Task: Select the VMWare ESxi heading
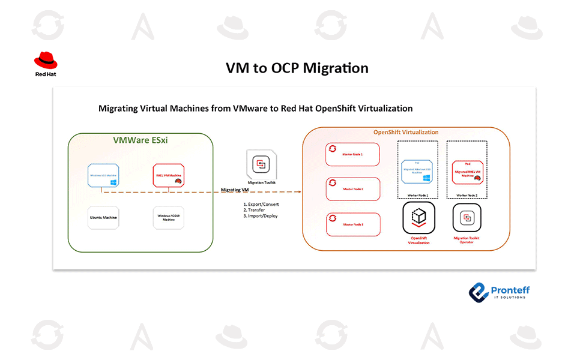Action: pyautogui.click(x=140, y=140)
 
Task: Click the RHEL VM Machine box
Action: pyautogui.click(x=169, y=176)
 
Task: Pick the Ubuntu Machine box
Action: pyautogui.click(x=104, y=217)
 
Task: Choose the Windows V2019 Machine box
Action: pyautogui.click(x=169, y=217)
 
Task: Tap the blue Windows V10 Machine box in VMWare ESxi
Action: pyautogui.click(x=104, y=176)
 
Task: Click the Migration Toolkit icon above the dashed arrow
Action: pyautogui.click(x=261, y=164)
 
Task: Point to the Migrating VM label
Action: pyautogui.click(x=235, y=190)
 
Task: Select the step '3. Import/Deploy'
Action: pyautogui.click(x=261, y=216)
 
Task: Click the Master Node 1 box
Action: pyautogui.click(x=353, y=154)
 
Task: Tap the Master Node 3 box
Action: pyautogui.click(x=353, y=224)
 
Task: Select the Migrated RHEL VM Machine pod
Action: pyautogui.click(x=468, y=170)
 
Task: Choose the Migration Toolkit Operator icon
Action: pyautogui.click(x=467, y=218)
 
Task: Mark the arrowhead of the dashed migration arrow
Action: pyautogui.click(x=298, y=192)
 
